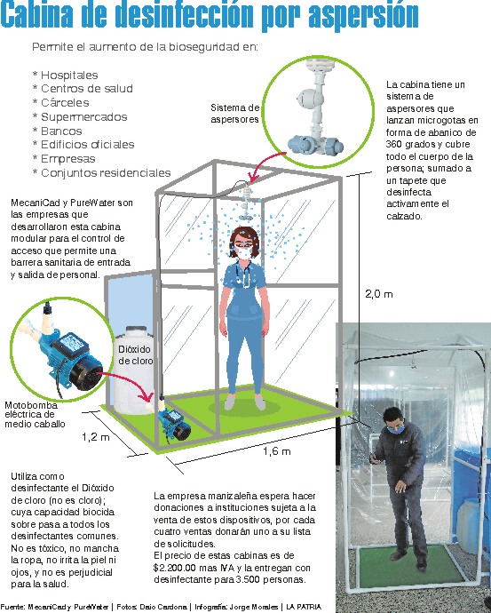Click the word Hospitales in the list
click(x=69, y=75)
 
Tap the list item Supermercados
click(x=84, y=116)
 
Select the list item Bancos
click(x=61, y=131)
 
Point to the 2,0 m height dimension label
click(x=378, y=294)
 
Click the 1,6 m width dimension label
click(x=276, y=451)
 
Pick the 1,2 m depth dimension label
click(x=96, y=437)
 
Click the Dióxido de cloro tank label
click(x=135, y=354)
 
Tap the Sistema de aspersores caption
click(x=234, y=114)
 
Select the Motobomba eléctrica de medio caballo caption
click(x=35, y=414)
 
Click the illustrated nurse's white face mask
click(x=244, y=253)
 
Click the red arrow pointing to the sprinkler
click(x=270, y=163)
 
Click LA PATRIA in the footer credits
click(x=304, y=607)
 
